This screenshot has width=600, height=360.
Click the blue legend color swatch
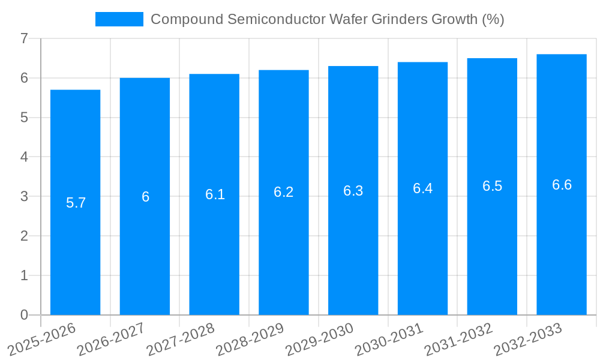click(119, 19)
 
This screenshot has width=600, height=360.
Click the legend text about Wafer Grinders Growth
click(327, 19)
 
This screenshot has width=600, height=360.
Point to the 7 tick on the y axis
click(24, 38)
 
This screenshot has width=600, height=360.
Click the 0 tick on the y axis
click(24, 315)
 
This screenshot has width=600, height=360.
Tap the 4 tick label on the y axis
click(24, 157)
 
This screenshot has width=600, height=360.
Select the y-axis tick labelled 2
click(24, 236)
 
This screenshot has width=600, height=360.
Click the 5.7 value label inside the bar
click(76, 203)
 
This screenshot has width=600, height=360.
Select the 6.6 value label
click(562, 185)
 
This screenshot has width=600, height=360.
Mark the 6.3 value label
click(353, 191)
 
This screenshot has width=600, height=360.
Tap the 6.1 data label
click(215, 194)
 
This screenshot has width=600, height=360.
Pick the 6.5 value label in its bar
click(492, 186)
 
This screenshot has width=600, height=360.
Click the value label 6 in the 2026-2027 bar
click(145, 197)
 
